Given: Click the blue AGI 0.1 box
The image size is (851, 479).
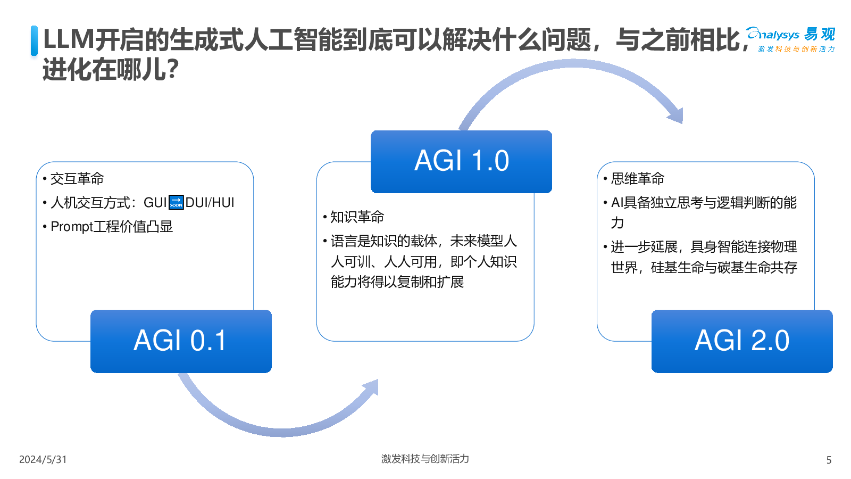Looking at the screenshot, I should tap(181, 341).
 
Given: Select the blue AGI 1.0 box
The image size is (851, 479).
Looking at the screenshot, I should tap(461, 161).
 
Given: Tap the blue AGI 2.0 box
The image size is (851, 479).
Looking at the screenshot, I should tap(742, 341).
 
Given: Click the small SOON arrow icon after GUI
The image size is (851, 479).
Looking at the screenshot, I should tap(176, 203).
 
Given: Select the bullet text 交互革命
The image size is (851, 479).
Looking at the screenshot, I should tap(77, 179).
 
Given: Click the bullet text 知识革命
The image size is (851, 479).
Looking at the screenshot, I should tap(357, 217).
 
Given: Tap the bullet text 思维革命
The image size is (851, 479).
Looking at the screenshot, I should tap(638, 179).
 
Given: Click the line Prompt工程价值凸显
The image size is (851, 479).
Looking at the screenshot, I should tap(112, 227).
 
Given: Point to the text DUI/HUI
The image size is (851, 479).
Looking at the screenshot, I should tap(210, 203).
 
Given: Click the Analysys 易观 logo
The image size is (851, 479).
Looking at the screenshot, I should tap(790, 39).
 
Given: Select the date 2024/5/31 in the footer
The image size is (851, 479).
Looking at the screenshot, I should tap(43, 459).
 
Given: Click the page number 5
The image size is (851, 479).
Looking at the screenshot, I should tap(829, 460).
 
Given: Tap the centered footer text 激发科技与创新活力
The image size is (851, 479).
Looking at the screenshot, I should tap(425, 459).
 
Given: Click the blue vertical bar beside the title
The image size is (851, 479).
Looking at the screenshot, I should tap(35, 40).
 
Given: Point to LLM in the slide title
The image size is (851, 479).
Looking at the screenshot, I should tap(68, 40).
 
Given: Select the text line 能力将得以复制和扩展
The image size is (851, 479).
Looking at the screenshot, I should tap(397, 282).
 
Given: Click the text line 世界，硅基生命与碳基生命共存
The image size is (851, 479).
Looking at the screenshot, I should tap(704, 268).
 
